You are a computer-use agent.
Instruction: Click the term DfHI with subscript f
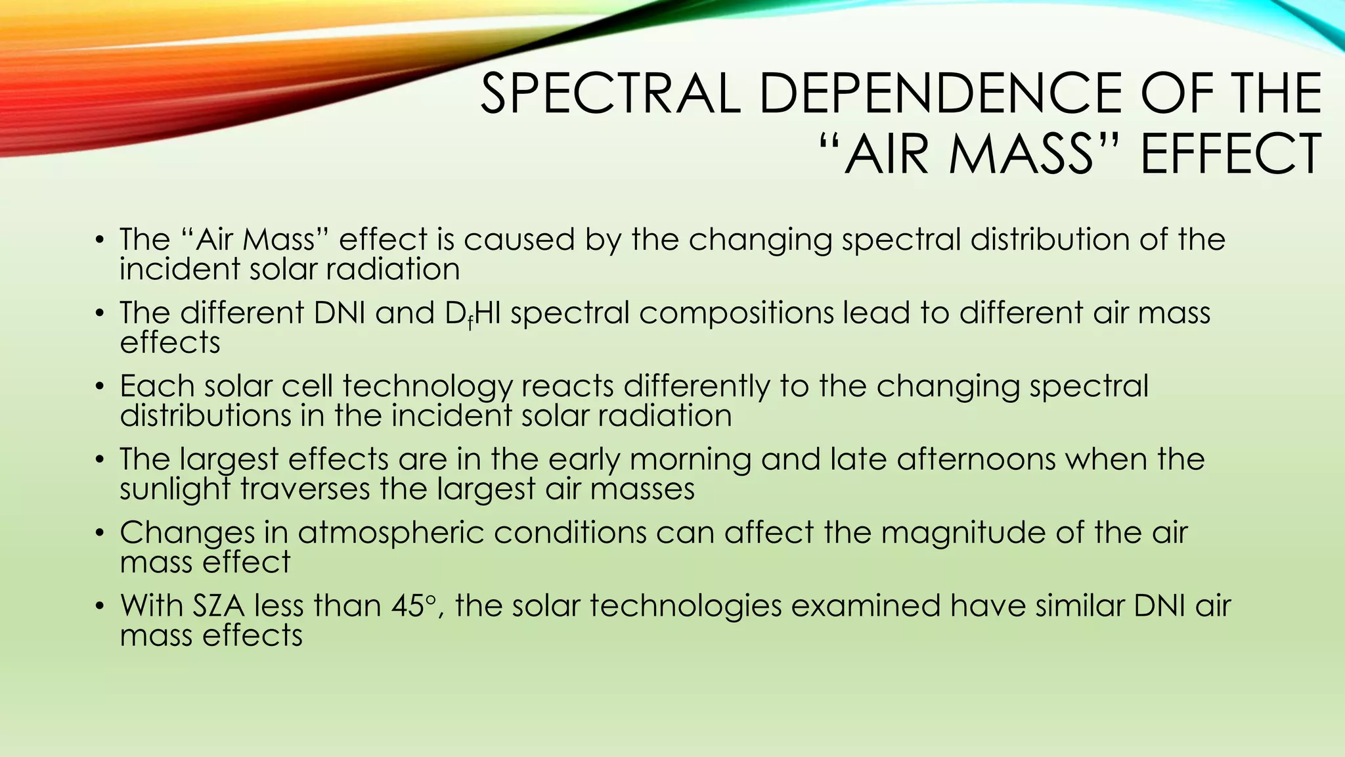[x=473, y=313]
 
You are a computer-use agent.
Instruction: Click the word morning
[x=690, y=459]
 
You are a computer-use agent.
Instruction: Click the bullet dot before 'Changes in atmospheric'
[x=99, y=533]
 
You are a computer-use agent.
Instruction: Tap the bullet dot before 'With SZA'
[x=99, y=606]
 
